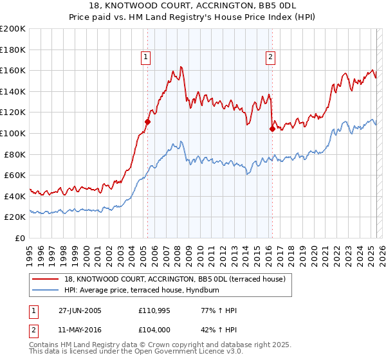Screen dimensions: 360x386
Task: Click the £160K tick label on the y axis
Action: pyautogui.click(x=13, y=70)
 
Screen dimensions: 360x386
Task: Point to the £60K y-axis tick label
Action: pyautogui.click(x=15, y=175)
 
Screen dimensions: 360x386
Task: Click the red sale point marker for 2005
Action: pyautogui.click(x=148, y=122)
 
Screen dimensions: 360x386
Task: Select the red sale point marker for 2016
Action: pyautogui.click(x=272, y=129)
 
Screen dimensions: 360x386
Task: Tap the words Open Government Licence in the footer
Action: pyautogui.click(x=179, y=353)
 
